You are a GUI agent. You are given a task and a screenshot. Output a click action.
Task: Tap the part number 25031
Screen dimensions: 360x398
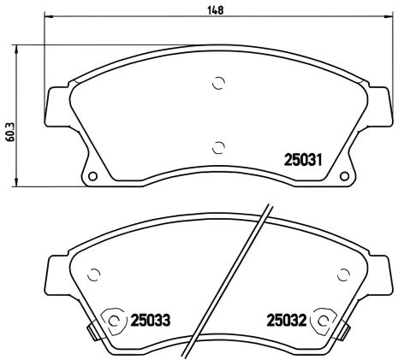point(302,158)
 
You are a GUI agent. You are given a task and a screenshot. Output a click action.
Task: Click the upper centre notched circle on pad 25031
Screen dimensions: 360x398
point(218,84)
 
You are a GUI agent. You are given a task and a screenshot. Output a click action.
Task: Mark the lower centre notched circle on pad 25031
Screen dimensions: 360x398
point(218,145)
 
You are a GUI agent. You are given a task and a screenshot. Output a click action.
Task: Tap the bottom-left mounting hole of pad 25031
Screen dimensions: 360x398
point(92,178)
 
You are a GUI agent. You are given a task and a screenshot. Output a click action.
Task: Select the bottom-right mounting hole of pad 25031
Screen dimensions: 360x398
point(345,178)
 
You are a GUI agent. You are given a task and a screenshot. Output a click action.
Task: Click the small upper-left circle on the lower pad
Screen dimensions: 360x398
point(95,274)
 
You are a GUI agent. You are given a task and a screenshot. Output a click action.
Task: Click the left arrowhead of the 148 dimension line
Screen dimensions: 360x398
point(46,18)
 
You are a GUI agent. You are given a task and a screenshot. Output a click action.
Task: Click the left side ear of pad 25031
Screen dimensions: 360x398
point(56,107)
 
